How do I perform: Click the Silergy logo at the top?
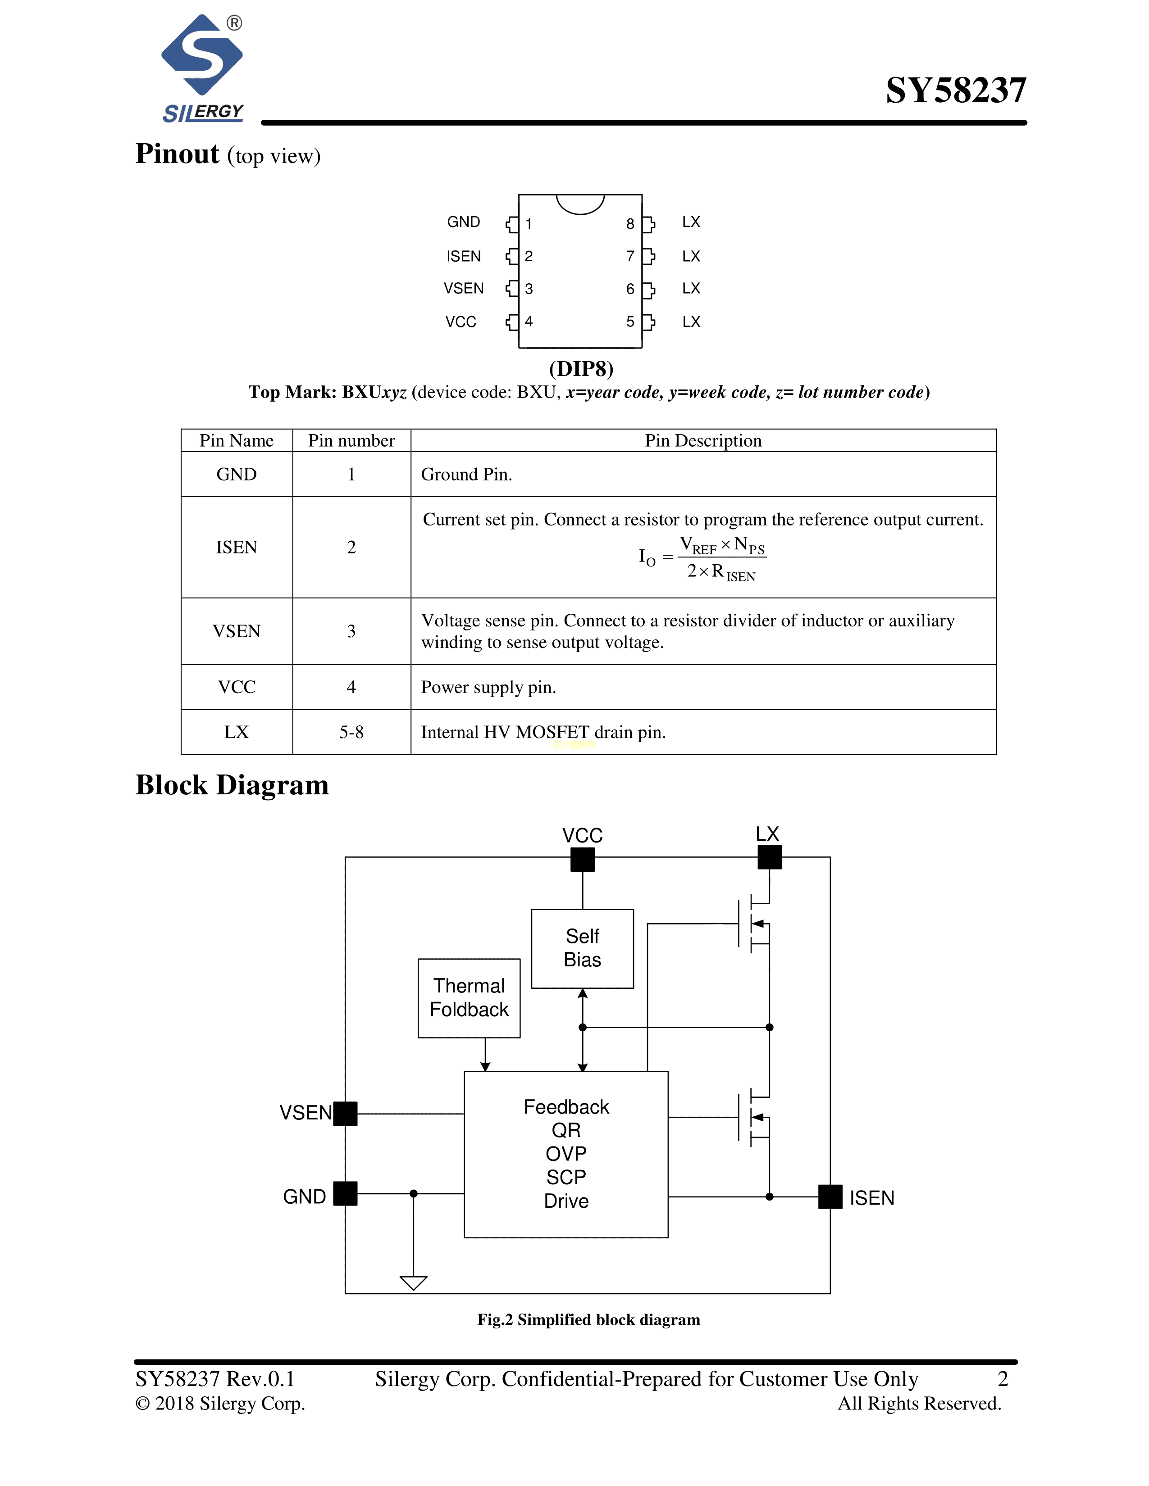click(202, 68)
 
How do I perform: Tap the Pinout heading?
click(177, 154)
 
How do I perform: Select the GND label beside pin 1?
click(464, 222)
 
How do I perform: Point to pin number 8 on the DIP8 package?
click(630, 224)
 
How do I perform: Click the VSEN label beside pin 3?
click(464, 289)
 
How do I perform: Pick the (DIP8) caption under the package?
click(581, 369)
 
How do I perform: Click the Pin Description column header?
click(703, 441)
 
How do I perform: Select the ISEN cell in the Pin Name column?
click(236, 547)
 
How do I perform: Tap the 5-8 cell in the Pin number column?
click(351, 732)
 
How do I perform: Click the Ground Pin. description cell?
click(467, 474)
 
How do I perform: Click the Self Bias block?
click(582, 948)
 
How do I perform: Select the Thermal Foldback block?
click(469, 997)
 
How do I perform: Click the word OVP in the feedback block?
click(565, 1153)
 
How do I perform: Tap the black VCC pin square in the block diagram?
click(583, 859)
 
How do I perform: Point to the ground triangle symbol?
click(413, 1282)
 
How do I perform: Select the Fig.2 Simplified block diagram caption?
click(588, 1319)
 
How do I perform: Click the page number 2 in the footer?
click(1003, 1378)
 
